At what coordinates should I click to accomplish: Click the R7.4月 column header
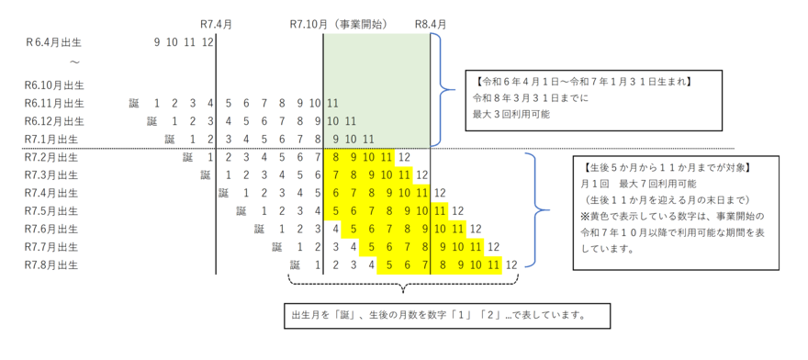click(217, 23)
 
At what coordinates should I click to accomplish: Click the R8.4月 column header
click(431, 23)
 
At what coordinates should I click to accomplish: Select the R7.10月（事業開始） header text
click(337, 23)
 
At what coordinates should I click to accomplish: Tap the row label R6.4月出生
click(54, 41)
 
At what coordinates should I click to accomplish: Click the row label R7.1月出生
click(53, 139)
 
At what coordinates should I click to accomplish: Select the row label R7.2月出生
click(53, 157)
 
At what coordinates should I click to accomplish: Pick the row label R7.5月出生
click(53, 210)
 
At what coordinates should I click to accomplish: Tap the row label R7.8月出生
click(53, 264)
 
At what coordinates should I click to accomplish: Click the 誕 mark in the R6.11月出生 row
click(134, 103)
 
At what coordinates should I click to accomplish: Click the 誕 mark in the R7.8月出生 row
click(295, 264)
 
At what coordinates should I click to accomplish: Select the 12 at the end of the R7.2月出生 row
click(404, 157)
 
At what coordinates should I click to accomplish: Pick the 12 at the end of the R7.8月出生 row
click(511, 264)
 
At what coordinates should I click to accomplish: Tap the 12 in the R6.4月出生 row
click(208, 41)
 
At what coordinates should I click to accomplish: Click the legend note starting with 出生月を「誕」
click(438, 316)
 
